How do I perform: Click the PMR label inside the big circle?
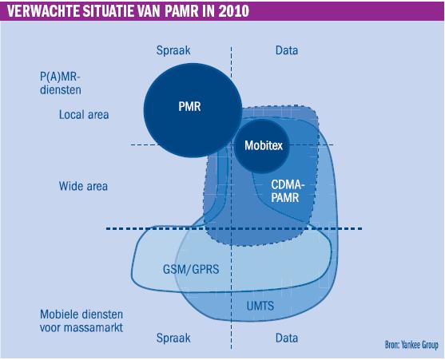point(189,107)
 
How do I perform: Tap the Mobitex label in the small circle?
point(264,145)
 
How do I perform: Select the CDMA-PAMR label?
point(288,191)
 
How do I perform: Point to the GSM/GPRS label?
point(191,269)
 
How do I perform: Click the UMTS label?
point(260,306)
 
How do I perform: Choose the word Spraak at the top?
point(173,50)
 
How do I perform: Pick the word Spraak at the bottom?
point(173,338)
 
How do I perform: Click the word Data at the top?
point(287,50)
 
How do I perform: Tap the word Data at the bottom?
point(287,338)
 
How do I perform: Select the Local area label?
point(84,115)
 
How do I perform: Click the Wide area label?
point(83,186)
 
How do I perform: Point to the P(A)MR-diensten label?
point(61,83)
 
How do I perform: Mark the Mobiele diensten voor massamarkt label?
point(81,321)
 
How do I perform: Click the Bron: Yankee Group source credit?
point(411,345)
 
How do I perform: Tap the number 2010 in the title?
point(234,11)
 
